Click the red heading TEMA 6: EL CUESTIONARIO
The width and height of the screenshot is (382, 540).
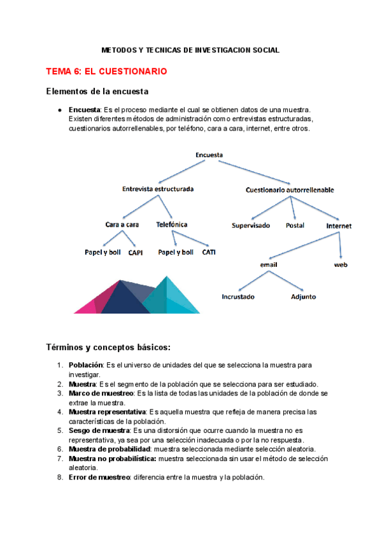(x=106, y=72)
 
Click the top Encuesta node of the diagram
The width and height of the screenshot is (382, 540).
(x=209, y=153)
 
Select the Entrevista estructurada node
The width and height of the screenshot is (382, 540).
(x=158, y=189)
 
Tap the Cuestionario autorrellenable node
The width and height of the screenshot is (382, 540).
(x=290, y=190)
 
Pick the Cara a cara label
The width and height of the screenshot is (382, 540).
(x=122, y=225)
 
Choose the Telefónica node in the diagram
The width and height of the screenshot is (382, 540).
(x=172, y=225)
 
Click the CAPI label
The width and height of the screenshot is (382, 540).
(x=135, y=253)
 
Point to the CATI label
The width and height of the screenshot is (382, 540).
(x=209, y=252)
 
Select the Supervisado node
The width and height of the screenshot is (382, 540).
(x=251, y=225)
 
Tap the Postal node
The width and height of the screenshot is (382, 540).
(x=295, y=225)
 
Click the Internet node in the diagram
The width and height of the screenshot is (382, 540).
(x=339, y=225)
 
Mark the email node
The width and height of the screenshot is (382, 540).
(x=269, y=265)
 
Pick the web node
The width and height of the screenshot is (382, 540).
(x=341, y=265)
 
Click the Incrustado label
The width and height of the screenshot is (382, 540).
(x=238, y=297)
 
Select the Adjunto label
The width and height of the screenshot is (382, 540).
(x=303, y=297)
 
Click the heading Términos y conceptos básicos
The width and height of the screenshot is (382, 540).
(x=108, y=347)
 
